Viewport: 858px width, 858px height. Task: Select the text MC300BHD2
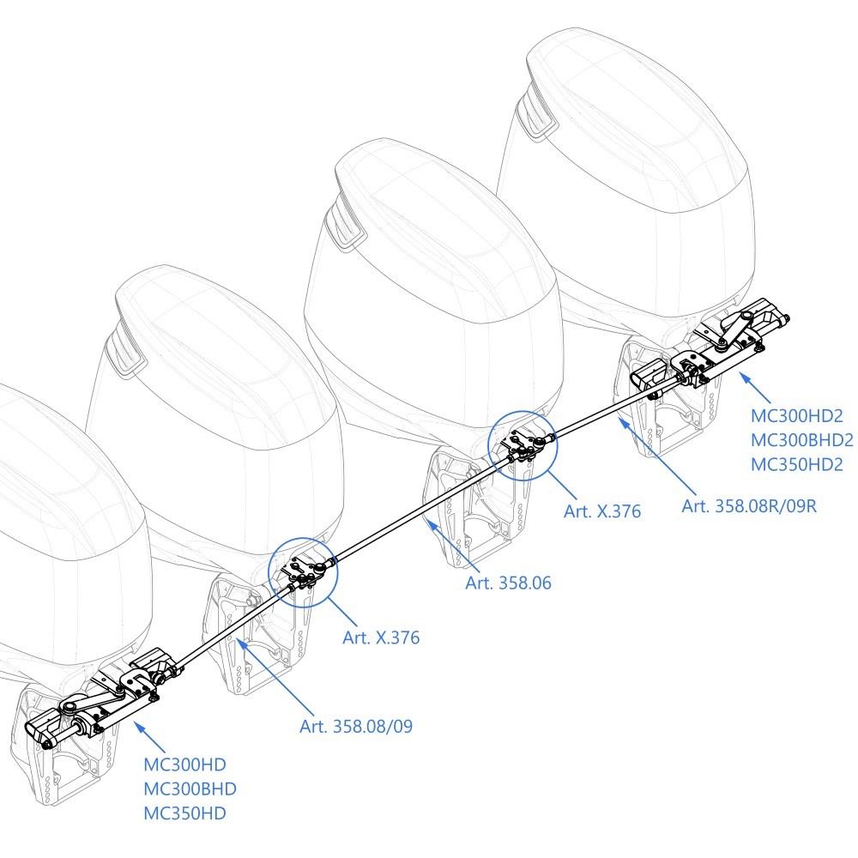(x=801, y=440)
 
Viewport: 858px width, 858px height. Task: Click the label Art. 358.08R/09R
(x=748, y=505)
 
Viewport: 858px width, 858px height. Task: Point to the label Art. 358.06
(x=508, y=583)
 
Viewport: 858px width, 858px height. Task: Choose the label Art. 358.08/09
(x=356, y=727)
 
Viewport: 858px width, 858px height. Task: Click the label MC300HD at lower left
(x=184, y=765)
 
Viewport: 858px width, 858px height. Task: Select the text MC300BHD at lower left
(x=190, y=789)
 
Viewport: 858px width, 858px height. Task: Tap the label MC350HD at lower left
(x=184, y=813)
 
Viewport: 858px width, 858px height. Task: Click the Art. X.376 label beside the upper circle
(x=602, y=512)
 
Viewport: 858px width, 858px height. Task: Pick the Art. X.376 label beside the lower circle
(x=381, y=638)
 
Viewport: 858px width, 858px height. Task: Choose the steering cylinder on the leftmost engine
(x=94, y=712)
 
